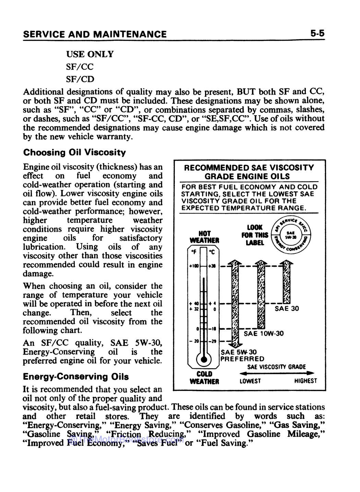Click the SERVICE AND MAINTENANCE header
95,34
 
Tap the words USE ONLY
89,54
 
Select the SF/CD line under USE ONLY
80,79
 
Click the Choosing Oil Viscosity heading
74,152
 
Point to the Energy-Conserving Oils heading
76,376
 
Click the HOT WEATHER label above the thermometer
204,237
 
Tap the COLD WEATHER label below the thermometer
204,377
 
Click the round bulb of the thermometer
204,359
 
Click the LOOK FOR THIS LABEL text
254,235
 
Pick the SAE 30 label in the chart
287,309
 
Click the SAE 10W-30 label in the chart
263,334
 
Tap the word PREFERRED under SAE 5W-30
242,359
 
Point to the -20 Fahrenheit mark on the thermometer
194,341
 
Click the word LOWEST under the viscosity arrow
250,381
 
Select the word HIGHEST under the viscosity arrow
305,381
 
